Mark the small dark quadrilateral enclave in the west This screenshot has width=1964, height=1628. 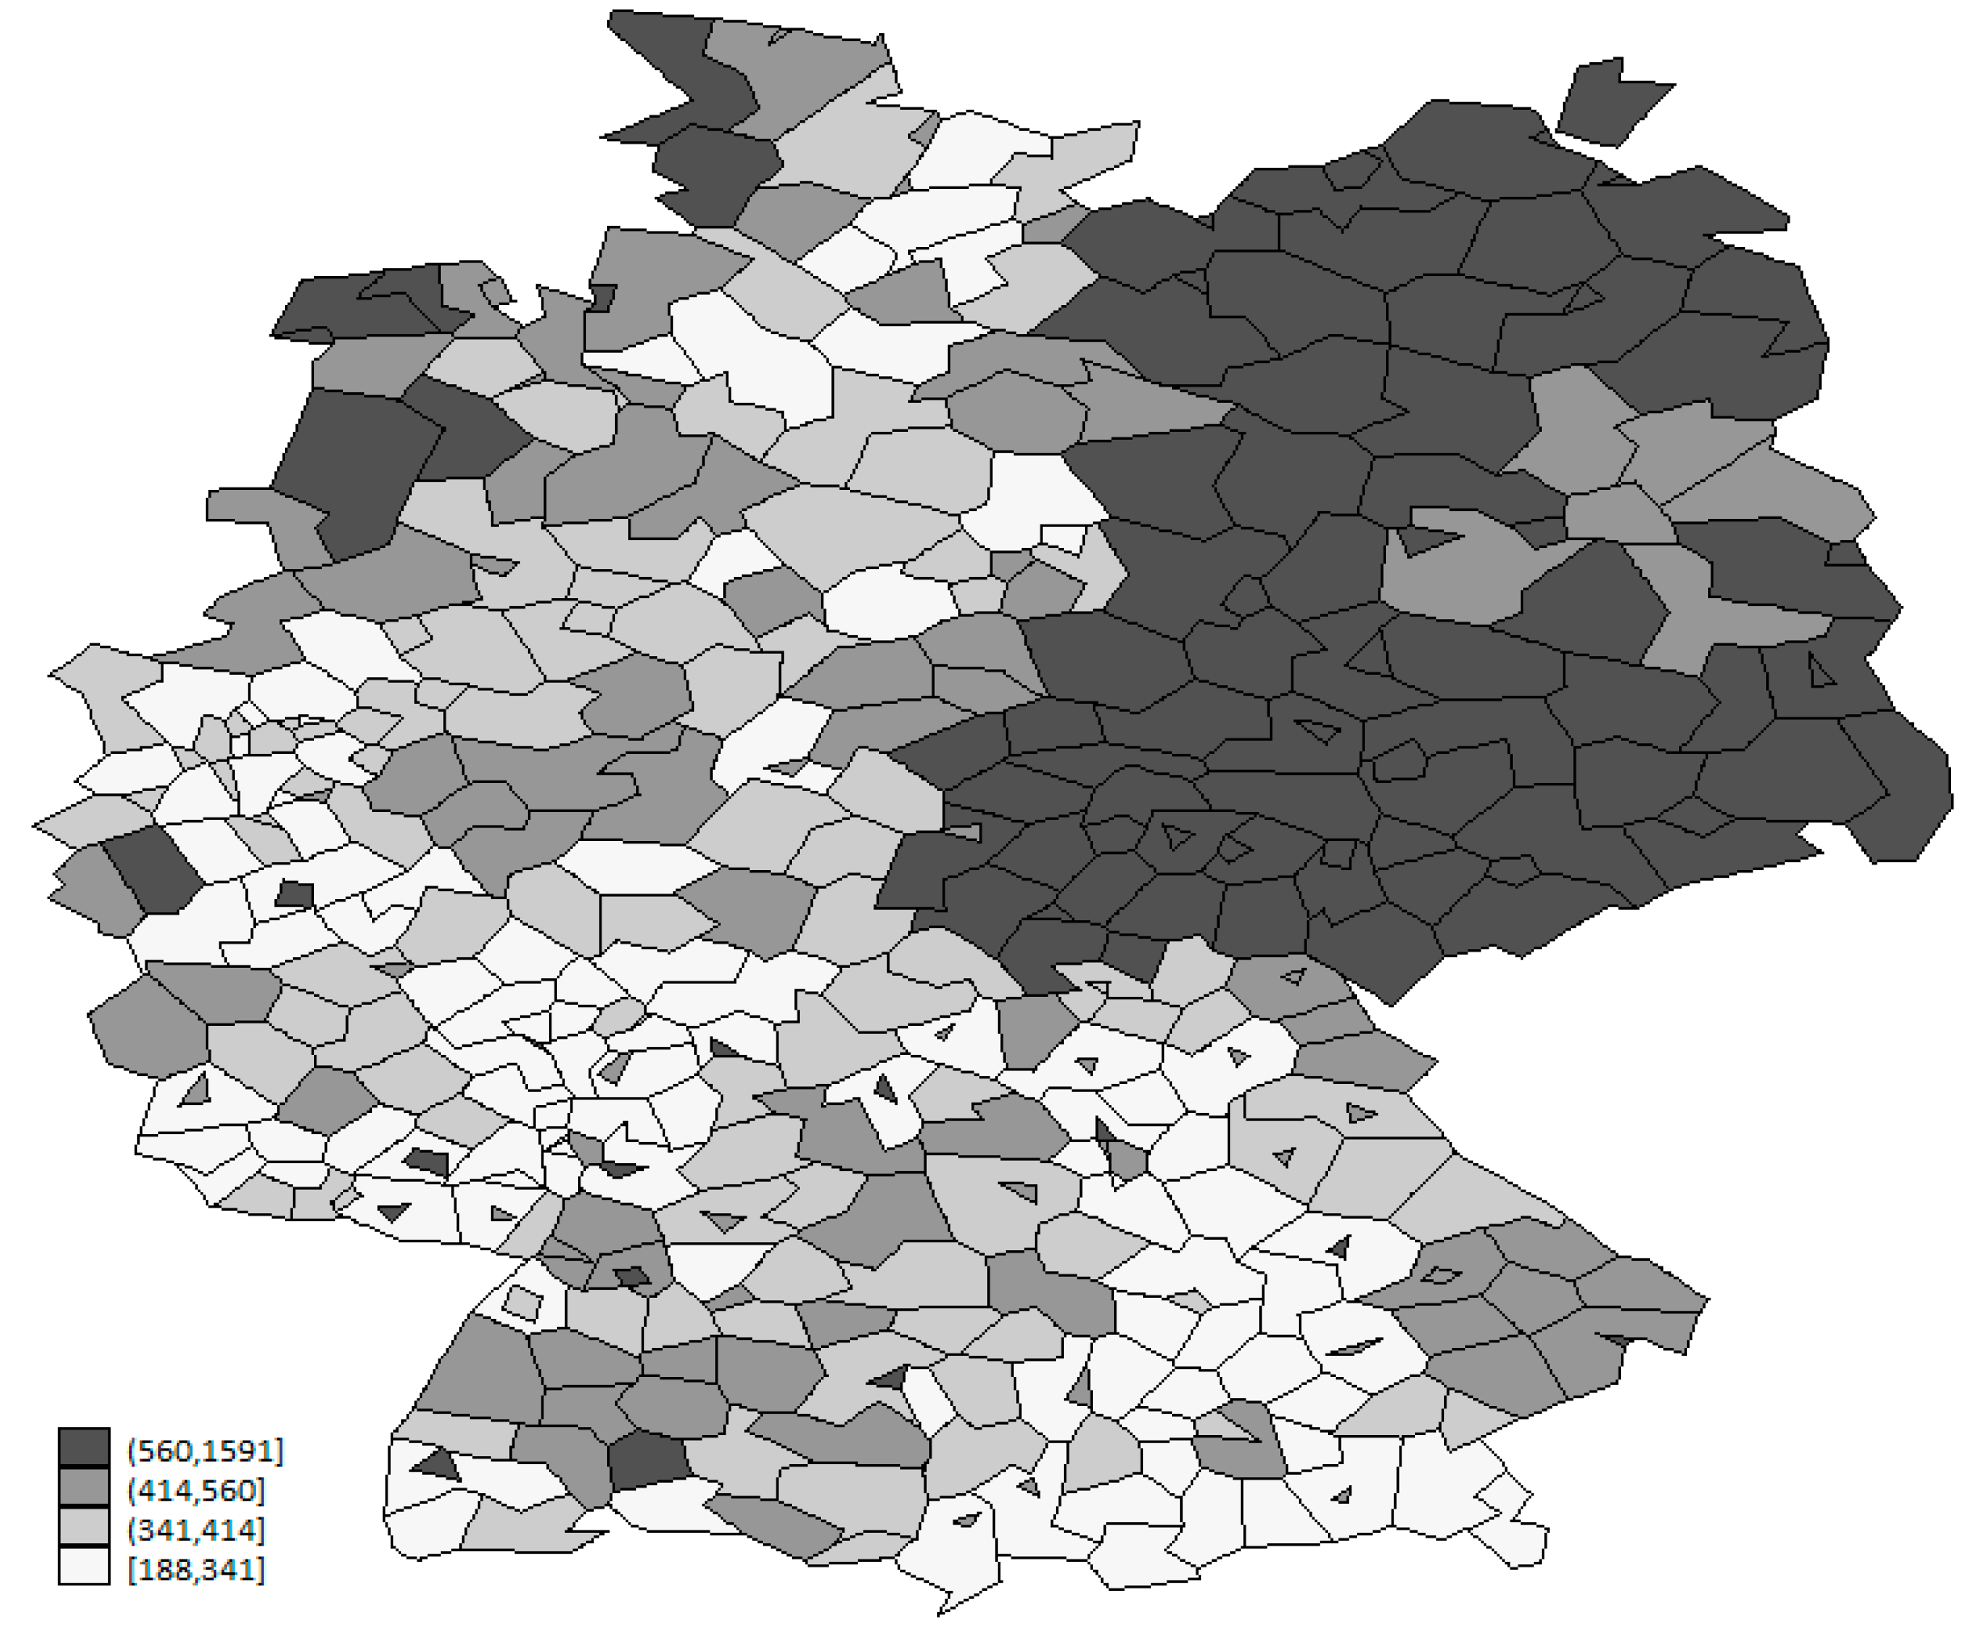295,894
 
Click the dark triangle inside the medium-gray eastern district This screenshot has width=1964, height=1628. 1426,541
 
